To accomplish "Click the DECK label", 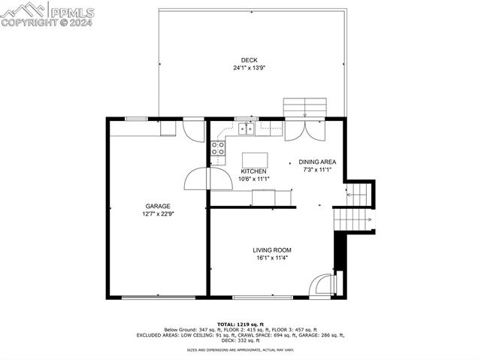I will (x=249, y=60).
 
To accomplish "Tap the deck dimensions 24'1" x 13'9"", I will (x=249, y=68).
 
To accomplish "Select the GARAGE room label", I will (x=158, y=206).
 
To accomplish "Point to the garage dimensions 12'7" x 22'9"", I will (x=158, y=213).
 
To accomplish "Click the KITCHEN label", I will (x=253, y=171).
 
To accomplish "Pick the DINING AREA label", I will (x=317, y=162).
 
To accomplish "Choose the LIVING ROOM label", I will (x=271, y=250).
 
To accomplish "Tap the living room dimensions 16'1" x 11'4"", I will (x=271, y=258).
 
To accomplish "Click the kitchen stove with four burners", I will (x=218, y=149).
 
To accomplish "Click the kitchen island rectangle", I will (x=254, y=159).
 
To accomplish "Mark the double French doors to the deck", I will (x=305, y=130).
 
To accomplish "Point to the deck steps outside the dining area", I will (x=305, y=107).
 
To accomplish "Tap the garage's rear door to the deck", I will (x=194, y=129).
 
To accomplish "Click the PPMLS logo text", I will (x=71, y=11).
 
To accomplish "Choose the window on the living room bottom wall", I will (x=263, y=297).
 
